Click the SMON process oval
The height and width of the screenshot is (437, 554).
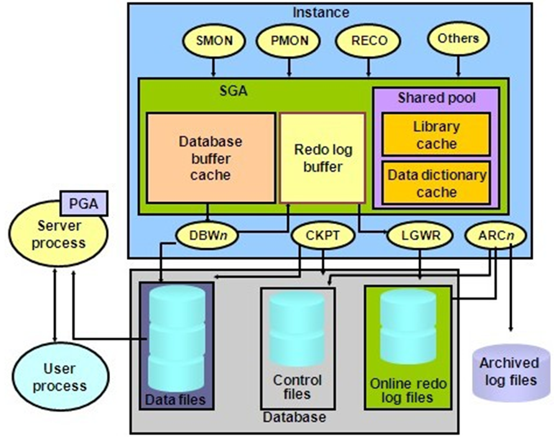[213, 41]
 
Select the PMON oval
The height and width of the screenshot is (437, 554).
[287, 41]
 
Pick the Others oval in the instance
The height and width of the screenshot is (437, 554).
[458, 38]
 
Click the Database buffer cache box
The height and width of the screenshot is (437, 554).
[211, 157]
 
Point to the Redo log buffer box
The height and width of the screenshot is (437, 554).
[321, 157]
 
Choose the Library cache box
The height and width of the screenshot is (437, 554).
[436, 135]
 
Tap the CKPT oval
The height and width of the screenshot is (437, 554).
[323, 236]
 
